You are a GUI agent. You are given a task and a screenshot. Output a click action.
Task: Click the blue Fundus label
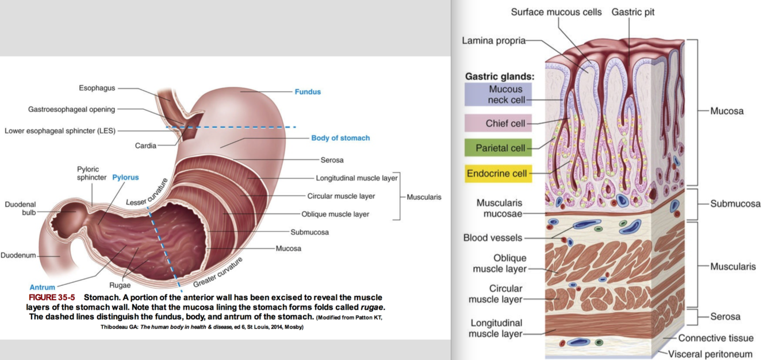308,91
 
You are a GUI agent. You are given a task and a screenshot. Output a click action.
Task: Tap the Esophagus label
97,88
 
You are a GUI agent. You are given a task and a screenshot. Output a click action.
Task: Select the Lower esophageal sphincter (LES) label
60,131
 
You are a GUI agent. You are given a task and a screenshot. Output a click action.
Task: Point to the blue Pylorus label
125,177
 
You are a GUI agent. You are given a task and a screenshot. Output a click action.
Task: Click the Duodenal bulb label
20,208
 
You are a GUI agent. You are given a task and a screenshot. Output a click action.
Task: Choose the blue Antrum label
43,287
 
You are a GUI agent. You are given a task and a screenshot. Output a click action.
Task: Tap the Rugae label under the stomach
120,285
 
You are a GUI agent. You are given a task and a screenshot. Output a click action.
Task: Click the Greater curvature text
218,272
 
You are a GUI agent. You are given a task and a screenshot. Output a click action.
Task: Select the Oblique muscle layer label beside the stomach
335,215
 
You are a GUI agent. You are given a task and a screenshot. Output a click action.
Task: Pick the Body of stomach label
340,138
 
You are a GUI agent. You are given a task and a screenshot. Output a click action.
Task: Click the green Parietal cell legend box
498,148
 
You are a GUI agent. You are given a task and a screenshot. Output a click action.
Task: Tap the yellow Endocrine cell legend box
498,173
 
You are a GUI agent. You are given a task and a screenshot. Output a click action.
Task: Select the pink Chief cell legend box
498,123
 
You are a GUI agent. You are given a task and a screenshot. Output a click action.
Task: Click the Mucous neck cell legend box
498,94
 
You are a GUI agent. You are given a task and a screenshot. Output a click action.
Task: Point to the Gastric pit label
632,12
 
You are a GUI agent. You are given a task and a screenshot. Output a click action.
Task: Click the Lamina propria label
493,40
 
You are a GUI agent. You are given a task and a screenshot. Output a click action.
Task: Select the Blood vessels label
493,238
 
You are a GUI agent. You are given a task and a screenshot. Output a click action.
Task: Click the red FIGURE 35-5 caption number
52,297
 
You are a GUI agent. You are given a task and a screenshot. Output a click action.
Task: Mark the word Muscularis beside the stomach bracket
424,197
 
